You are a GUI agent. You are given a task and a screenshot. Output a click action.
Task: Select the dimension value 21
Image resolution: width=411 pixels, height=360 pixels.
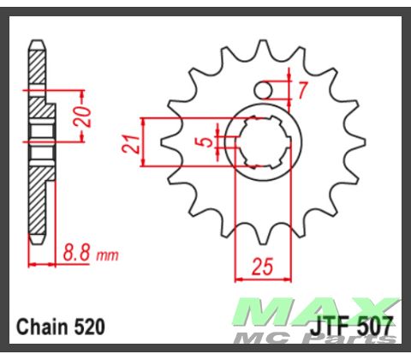pyautogui.click(x=132, y=141)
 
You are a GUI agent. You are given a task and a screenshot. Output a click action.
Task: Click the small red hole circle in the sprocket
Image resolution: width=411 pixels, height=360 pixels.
pyautogui.click(x=267, y=89)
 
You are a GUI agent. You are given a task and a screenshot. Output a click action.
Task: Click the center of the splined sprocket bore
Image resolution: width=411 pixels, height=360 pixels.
pyautogui.click(x=265, y=141)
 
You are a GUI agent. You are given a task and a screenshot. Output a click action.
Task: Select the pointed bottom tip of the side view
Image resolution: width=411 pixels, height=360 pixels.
pyautogui.click(x=36, y=243)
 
